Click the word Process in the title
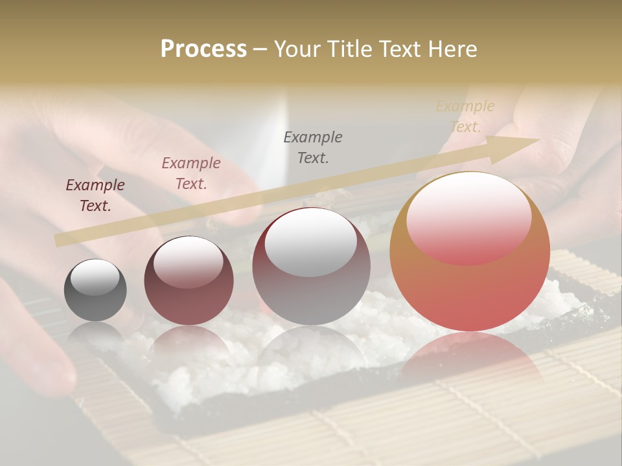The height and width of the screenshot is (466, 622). [203, 49]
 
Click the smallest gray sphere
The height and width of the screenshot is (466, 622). [95, 290]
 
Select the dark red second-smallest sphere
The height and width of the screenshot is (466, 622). [189, 281]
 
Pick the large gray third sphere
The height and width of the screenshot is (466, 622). [311, 267]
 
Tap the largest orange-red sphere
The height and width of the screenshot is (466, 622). [470, 251]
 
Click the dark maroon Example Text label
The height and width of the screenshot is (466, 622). [95, 195]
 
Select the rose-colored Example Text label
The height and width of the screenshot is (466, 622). [191, 173]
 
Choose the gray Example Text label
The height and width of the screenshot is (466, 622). [313, 147]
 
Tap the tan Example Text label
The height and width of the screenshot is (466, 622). [465, 116]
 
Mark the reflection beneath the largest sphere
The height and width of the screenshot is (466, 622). [470, 362]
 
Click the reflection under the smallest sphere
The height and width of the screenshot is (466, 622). [95, 333]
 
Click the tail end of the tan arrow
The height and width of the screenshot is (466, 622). [58, 241]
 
